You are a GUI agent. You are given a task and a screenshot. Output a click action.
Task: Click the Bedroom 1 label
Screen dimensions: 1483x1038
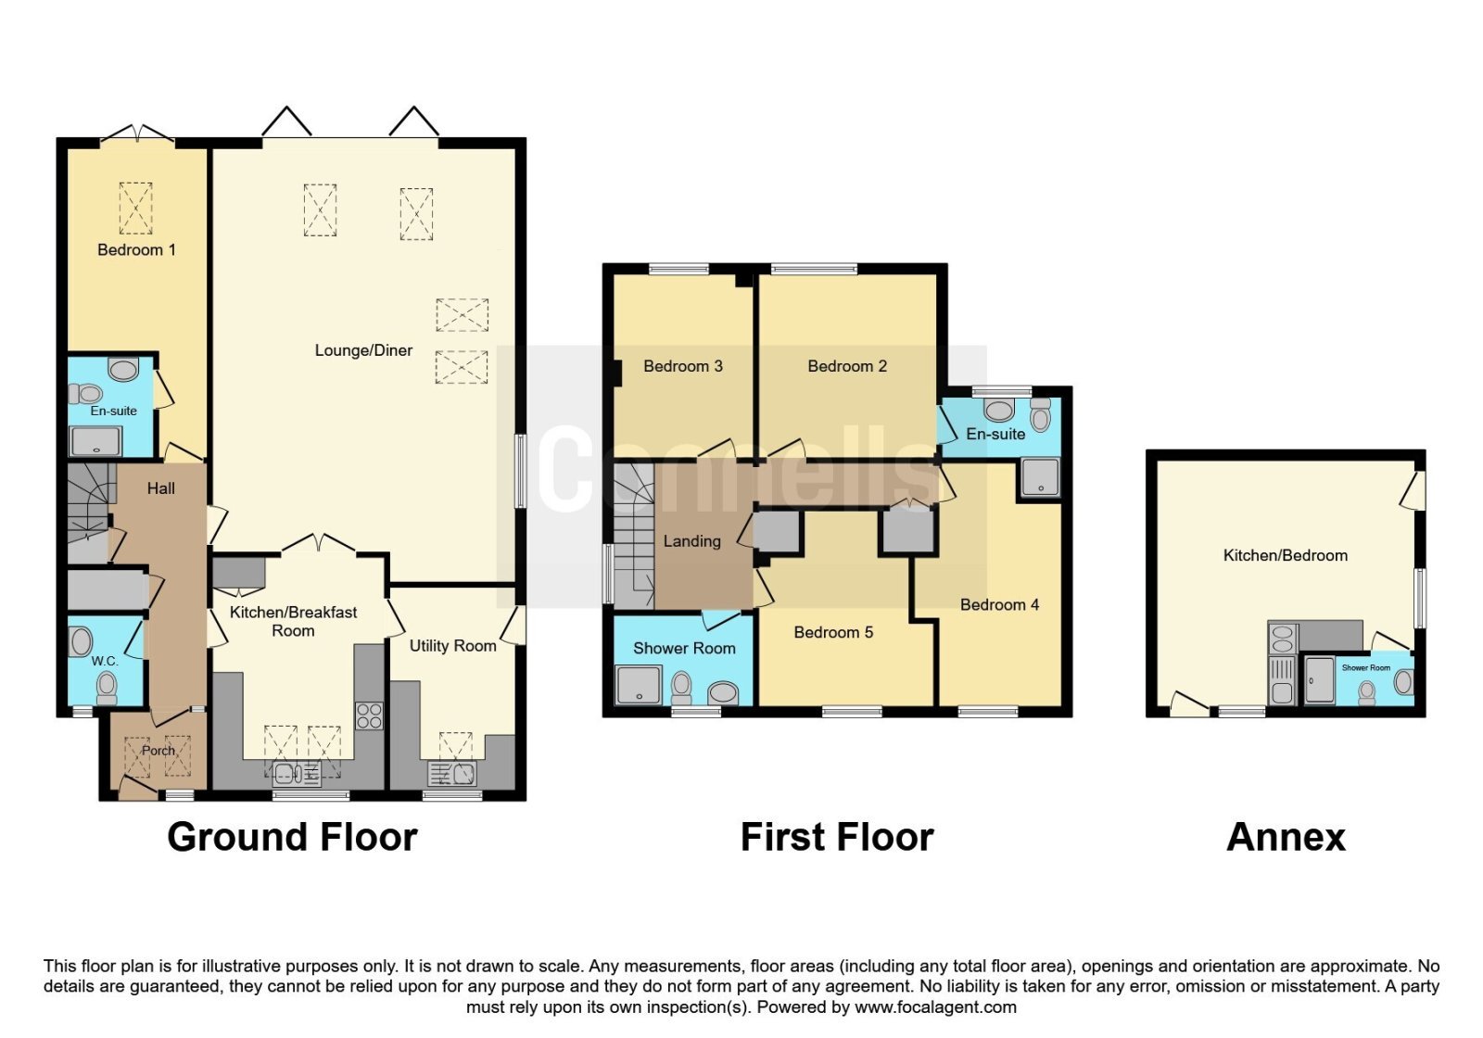(136, 249)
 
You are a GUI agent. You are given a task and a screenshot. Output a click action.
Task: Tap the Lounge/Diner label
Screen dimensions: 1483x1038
(363, 350)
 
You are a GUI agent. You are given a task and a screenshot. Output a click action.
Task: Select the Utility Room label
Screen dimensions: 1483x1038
(453, 645)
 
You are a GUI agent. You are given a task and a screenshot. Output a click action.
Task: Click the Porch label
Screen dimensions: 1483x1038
(158, 750)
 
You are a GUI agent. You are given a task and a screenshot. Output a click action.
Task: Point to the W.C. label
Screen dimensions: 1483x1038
(105, 661)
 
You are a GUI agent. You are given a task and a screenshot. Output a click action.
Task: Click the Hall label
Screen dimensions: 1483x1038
(161, 488)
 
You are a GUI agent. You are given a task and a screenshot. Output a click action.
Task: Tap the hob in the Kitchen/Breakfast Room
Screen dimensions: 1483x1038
(369, 715)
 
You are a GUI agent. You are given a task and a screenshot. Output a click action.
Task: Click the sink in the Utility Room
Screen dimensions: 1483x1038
(453, 773)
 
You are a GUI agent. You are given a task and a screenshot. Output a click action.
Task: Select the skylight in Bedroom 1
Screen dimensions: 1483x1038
(135, 208)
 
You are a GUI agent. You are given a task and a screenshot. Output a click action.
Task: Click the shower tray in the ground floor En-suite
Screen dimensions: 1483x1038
(96, 441)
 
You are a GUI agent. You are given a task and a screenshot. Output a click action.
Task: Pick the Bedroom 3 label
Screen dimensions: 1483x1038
(682, 366)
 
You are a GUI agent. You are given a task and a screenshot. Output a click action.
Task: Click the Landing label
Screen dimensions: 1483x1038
(691, 541)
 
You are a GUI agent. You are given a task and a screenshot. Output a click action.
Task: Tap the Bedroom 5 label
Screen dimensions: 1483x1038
(833, 632)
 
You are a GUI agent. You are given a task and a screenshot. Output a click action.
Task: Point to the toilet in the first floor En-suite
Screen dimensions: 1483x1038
(1040, 415)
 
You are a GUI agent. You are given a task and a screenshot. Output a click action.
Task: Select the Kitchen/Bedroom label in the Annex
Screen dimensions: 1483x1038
(1285, 555)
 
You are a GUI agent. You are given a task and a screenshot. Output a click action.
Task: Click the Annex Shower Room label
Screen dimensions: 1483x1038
(1366, 668)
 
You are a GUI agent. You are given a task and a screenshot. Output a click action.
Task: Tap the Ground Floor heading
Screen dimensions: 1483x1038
(292, 837)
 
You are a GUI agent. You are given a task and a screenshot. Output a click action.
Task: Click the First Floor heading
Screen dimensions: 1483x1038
(837, 837)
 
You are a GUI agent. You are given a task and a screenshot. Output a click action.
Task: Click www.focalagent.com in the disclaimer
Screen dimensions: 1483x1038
(935, 1007)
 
